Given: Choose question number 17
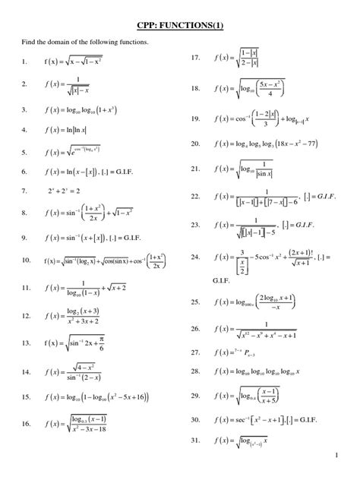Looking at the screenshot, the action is click(x=195, y=57).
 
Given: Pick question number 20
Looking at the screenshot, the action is click(x=195, y=143).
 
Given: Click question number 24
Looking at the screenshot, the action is click(x=195, y=257).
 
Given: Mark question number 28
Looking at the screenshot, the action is click(x=195, y=371).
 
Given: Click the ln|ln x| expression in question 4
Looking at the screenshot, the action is click(x=76, y=130).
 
